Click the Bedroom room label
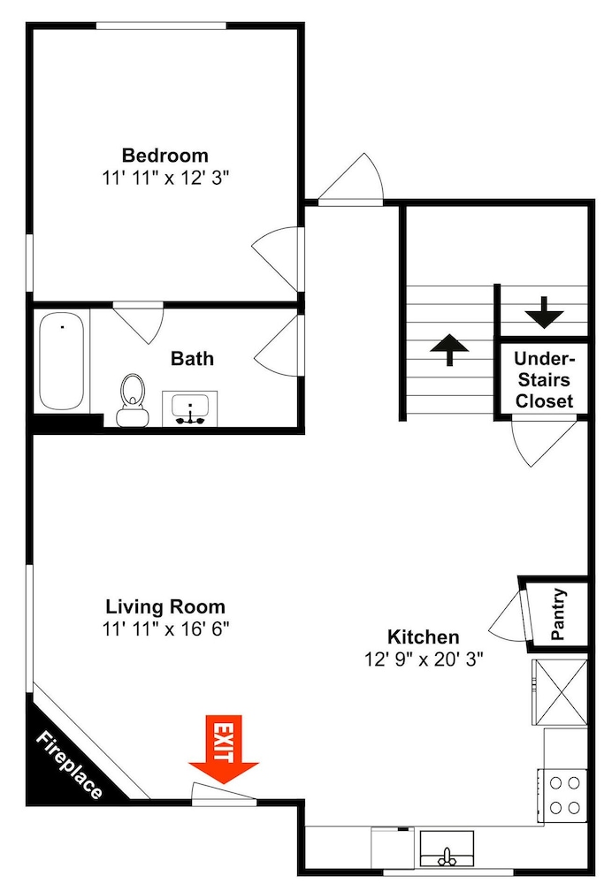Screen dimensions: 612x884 (165, 155)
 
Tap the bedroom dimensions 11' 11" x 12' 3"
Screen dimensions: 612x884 (165, 179)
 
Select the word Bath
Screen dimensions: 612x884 (192, 359)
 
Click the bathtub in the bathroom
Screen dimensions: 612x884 (62, 362)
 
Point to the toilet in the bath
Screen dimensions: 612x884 (132, 400)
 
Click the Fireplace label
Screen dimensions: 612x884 (70, 765)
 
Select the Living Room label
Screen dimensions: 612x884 (165, 606)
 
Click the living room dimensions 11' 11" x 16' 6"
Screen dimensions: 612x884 (165, 629)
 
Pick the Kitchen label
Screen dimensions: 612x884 (423, 637)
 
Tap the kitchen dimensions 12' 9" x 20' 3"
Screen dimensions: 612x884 (423, 659)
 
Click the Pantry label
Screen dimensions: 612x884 (558, 614)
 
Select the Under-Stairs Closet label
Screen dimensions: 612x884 (544, 380)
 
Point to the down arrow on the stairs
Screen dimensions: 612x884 (544, 312)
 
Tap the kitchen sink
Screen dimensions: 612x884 (447, 849)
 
